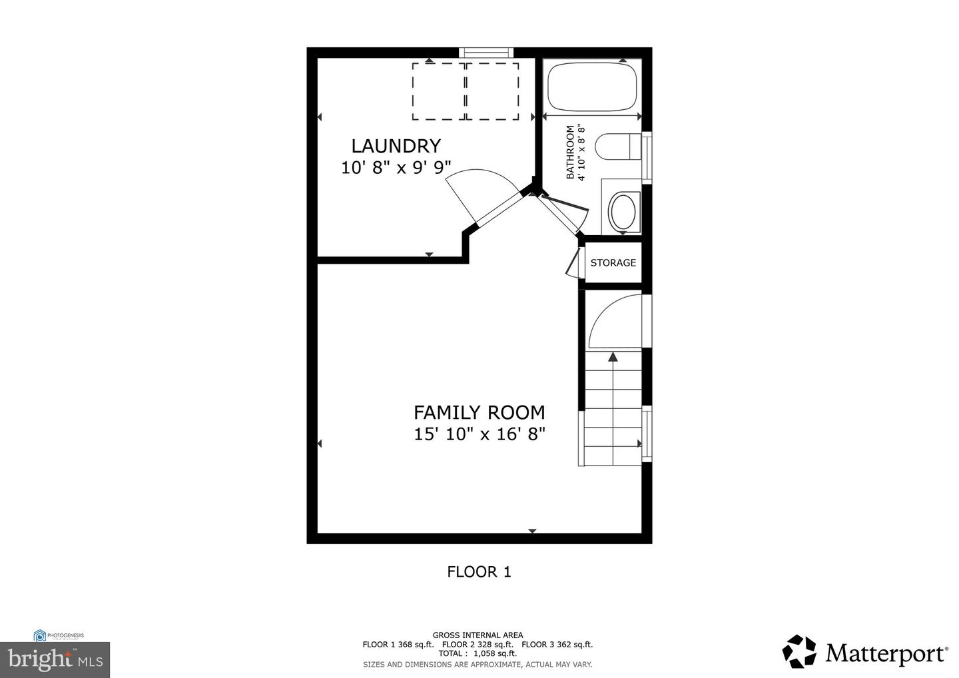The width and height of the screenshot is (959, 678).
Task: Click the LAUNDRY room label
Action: pyautogui.click(x=396, y=146)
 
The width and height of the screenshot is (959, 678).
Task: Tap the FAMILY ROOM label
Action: pyautogui.click(x=479, y=412)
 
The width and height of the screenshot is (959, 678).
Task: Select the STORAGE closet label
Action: pyautogui.click(x=613, y=263)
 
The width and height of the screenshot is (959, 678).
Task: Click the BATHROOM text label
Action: pyautogui.click(x=570, y=153)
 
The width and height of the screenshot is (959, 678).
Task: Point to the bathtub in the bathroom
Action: pyautogui.click(x=592, y=87)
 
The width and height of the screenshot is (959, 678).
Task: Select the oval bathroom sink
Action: pyautogui.click(x=624, y=210)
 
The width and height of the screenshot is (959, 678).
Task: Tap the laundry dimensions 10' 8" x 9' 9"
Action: pyautogui.click(x=396, y=167)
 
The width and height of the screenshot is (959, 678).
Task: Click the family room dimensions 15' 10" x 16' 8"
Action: pyautogui.click(x=479, y=434)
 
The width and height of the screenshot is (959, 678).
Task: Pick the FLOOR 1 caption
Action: pyautogui.click(x=479, y=571)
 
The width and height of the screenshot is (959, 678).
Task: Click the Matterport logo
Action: pyautogui.click(x=865, y=652)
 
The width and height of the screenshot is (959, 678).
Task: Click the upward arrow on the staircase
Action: pyautogui.click(x=613, y=357)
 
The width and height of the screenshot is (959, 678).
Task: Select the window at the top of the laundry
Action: pyautogui.click(x=487, y=53)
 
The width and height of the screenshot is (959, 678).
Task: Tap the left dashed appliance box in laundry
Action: pyautogui.click(x=438, y=91)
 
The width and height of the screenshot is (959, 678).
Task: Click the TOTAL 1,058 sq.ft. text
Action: pyautogui.click(x=478, y=653)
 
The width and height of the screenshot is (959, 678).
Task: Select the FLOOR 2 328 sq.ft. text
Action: pyautogui.click(x=478, y=644)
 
